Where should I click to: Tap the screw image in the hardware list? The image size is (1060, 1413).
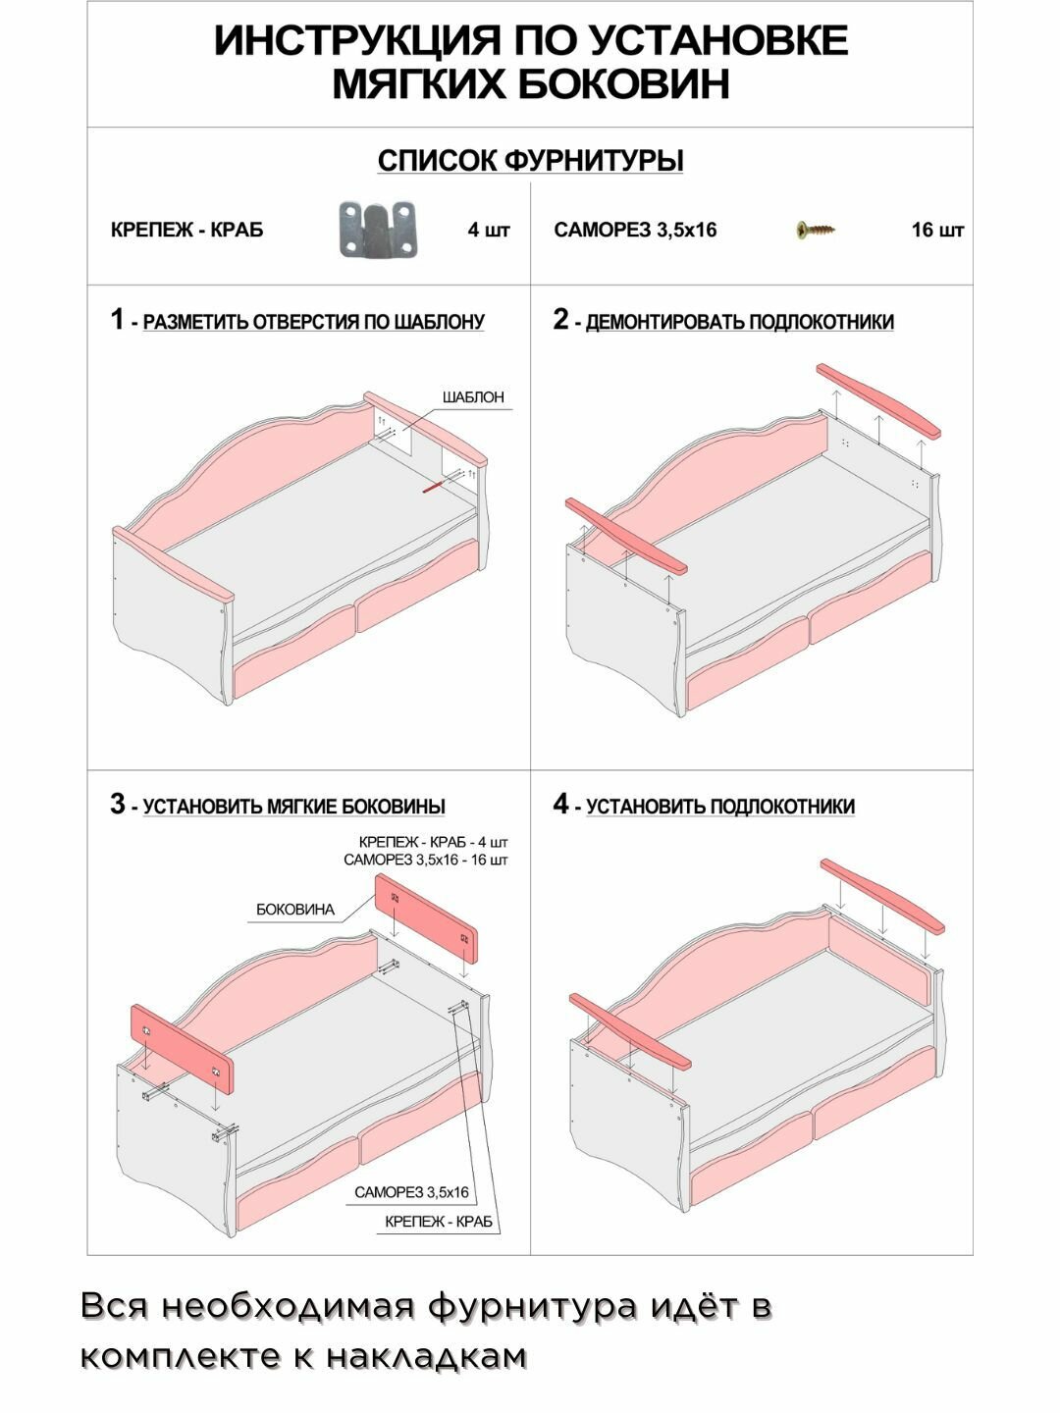[816, 231]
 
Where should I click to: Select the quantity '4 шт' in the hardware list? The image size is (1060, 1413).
[489, 231]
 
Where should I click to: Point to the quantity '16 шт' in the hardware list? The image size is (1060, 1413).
[937, 231]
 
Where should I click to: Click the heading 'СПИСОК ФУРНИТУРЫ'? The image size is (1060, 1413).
[530, 161]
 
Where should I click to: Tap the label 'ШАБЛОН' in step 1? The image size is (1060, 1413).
[473, 397]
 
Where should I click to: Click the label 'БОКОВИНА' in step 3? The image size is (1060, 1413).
[295, 910]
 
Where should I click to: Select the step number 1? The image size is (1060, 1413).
[118, 320]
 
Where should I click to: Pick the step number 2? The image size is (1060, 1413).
[560, 320]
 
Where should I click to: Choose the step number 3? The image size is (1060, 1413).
[118, 805]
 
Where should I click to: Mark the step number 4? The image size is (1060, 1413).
[560, 805]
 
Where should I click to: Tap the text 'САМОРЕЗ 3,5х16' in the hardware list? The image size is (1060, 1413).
[635, 231]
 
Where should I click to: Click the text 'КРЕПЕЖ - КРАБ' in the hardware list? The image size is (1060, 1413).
[186, 231]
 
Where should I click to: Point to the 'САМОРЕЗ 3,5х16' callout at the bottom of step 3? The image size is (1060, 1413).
[411, 1192]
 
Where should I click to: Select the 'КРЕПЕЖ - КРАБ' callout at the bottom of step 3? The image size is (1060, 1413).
[439, 1222]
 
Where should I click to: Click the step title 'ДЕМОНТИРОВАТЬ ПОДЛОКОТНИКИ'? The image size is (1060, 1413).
[739, 322]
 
